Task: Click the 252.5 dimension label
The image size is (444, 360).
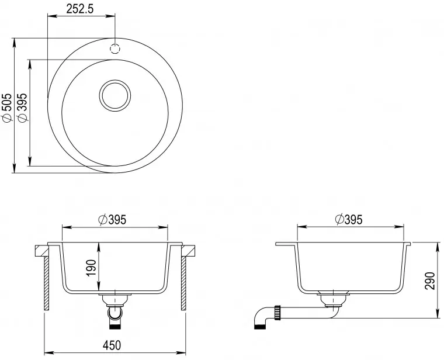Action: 79,9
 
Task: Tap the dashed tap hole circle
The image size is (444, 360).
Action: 115,49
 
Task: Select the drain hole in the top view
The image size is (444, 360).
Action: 115,95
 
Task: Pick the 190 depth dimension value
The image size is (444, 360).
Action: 92,268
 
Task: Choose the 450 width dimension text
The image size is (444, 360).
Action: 112,345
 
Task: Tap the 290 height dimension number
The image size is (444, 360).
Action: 430,281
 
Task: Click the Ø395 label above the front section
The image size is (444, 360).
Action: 112,220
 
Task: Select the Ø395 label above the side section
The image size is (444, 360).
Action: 348,220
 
